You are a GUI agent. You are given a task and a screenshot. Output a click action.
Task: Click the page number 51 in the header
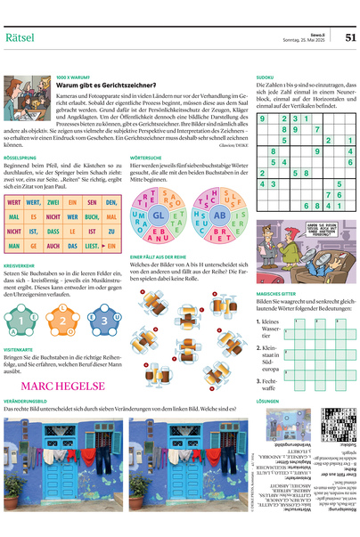click(349, 37)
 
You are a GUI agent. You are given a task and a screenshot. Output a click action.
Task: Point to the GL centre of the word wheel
click(159, 216)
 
